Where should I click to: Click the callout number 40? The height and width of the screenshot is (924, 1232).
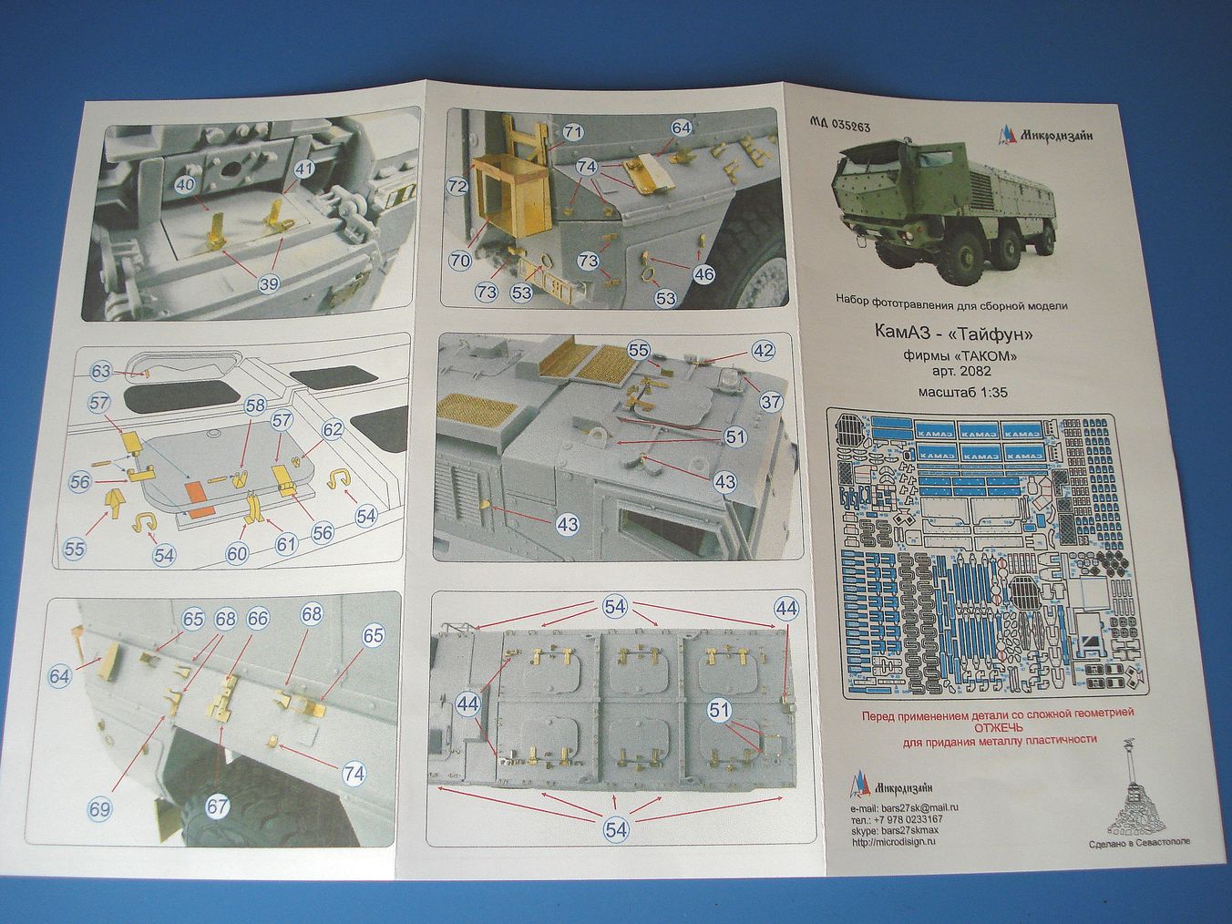[x=185, y=184]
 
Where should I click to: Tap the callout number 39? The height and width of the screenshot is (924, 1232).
[x=268, y=284]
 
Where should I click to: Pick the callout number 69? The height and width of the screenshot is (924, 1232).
[x=101, y=808]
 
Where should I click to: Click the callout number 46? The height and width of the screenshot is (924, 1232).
[x=703, y=273]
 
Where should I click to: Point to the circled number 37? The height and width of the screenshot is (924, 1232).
[x=771, y=402]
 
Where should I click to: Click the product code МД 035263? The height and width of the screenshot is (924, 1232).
[x=839, y=128]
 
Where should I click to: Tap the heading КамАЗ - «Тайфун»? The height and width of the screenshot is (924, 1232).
[x=951, y=334]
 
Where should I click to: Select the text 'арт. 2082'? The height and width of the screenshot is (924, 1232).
[x=951, y=372]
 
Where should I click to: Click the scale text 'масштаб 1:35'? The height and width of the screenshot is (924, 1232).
[x=951, y=394]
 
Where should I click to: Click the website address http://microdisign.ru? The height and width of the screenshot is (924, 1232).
[x=898, y=841]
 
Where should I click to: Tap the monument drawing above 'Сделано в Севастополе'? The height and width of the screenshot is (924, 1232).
[x=1127, y=791]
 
